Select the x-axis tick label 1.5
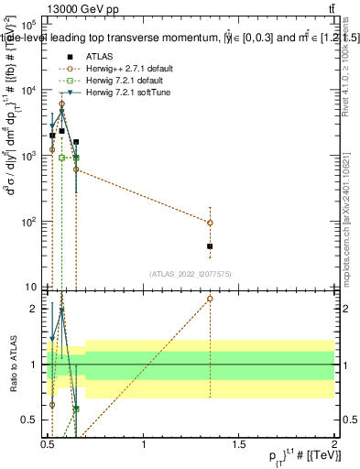[x=239, y=445]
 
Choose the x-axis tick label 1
[x=144, y=445]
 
